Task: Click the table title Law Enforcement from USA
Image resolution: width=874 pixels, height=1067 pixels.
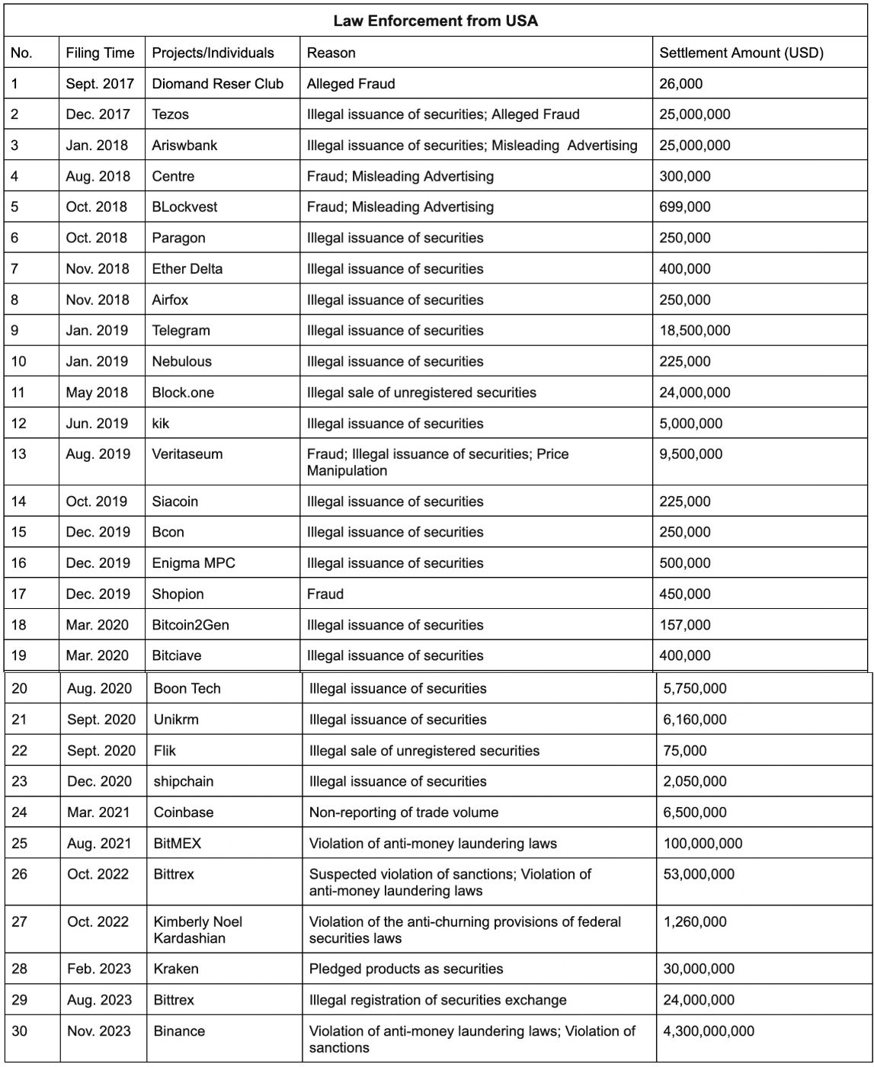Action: coord(436,21)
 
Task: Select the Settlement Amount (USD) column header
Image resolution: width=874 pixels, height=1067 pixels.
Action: coord(741,53)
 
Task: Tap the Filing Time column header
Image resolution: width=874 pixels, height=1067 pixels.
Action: coord(100,53)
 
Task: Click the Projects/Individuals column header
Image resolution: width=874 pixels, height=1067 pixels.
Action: coord(213,53)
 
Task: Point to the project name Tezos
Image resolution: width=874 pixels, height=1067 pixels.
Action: coord(170,114)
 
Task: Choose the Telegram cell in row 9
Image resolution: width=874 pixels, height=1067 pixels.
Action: coord(181,330)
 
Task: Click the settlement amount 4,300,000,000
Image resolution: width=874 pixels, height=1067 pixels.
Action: coord(709,1031)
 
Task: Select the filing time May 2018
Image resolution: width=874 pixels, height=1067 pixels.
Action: coord(97,393)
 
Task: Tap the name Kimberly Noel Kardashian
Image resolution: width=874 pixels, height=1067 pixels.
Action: coord(197,930)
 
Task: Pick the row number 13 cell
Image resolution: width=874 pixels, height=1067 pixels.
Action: coord(19,454)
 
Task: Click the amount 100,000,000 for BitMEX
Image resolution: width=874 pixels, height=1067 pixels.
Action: coord(703,844)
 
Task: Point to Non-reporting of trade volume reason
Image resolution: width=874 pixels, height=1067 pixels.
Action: coord(403,812)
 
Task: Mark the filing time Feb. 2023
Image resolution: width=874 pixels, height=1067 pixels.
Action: coord(99,969)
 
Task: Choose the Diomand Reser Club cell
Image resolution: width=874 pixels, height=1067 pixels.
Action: coord(217,84)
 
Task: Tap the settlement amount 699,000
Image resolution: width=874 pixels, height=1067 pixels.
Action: coord(684,207)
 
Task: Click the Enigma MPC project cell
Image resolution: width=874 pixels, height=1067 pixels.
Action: coord(194,563)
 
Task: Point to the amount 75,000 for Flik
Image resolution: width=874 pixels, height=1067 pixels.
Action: coord(684,751)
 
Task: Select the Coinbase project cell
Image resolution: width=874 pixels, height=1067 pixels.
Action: coord(184,812)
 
